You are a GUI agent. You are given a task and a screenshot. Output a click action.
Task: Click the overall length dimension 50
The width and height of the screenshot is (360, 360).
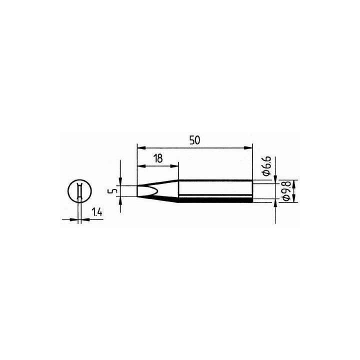(x=194, y=140)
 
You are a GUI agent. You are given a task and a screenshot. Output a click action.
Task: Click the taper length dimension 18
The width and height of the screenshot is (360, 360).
(x=157, y=159)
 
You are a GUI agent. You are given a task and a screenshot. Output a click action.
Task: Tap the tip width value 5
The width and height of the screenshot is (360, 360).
(x=114, y=191)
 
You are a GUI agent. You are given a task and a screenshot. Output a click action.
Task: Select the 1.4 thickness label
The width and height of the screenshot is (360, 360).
(x=97, y=213)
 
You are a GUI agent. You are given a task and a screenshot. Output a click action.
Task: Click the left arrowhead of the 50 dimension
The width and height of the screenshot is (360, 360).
(x=139, y=147)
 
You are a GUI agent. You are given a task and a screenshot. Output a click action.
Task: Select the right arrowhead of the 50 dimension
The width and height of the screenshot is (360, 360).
(x=249, y=147)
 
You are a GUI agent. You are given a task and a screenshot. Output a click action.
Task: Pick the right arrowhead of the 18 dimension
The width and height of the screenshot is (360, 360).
(x=175, y=166)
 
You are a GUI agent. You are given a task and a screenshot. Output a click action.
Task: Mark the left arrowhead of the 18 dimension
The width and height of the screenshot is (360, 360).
(x=139, y=166)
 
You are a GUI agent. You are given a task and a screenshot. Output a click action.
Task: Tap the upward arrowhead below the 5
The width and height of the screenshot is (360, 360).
(x=121, y=200)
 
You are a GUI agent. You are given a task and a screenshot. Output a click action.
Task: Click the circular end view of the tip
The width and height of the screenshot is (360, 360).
(x=79, y=191)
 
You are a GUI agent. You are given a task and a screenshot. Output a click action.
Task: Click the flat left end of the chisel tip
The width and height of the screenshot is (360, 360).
(x=137, y=191)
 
